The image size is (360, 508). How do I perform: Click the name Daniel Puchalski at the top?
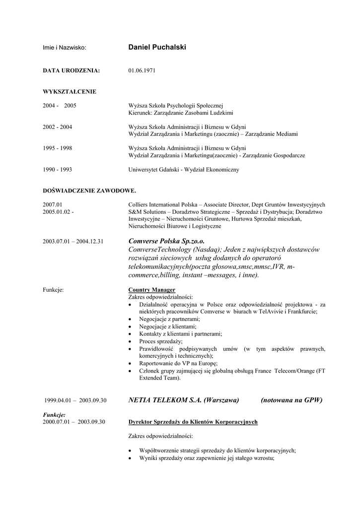tap(157, 47)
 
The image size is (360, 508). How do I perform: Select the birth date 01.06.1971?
tap(142, 70)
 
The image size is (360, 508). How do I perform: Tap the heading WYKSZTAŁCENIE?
tap(70, 91)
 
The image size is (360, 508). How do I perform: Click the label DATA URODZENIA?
tap(72, 70)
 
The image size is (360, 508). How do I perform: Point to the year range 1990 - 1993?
tap(58, 170)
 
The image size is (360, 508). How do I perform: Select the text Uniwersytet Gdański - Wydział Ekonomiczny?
tap(184, 170)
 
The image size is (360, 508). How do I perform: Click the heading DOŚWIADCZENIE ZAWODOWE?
tap(89, 190)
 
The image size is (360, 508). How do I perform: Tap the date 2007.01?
tap(53, 204)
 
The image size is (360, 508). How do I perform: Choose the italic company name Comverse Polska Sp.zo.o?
tap(166, 241)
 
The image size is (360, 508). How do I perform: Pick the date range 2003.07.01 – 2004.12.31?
tap(73, 241)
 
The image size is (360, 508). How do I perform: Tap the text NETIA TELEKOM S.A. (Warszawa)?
tap(184, 400)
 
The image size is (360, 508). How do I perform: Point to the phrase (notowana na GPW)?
tap(291, 400)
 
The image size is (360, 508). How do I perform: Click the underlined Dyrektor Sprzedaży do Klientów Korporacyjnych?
tap(193, 422)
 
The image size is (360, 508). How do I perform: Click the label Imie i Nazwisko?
tap(65, 48)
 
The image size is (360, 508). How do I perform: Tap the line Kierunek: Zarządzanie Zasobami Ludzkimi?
tap(181, 113)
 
